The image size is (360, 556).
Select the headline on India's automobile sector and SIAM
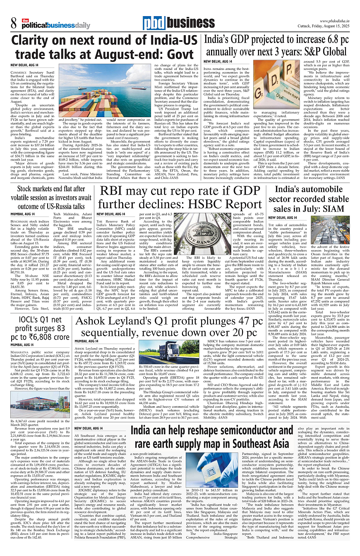[312, 198]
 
